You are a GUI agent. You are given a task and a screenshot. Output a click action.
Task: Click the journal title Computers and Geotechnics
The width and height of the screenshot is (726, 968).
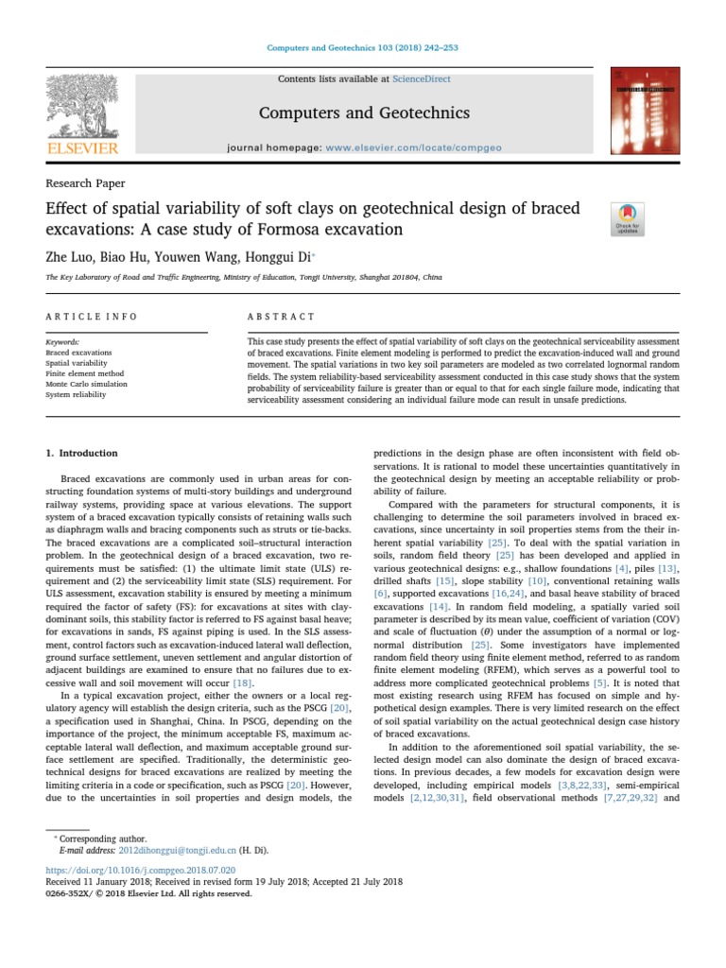364,113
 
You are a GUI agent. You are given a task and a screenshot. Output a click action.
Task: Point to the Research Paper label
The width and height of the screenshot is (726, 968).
85,183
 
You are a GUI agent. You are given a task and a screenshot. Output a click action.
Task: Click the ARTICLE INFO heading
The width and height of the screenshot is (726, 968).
92,317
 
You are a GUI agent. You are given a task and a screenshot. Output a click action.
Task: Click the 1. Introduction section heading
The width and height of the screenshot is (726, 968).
82,453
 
